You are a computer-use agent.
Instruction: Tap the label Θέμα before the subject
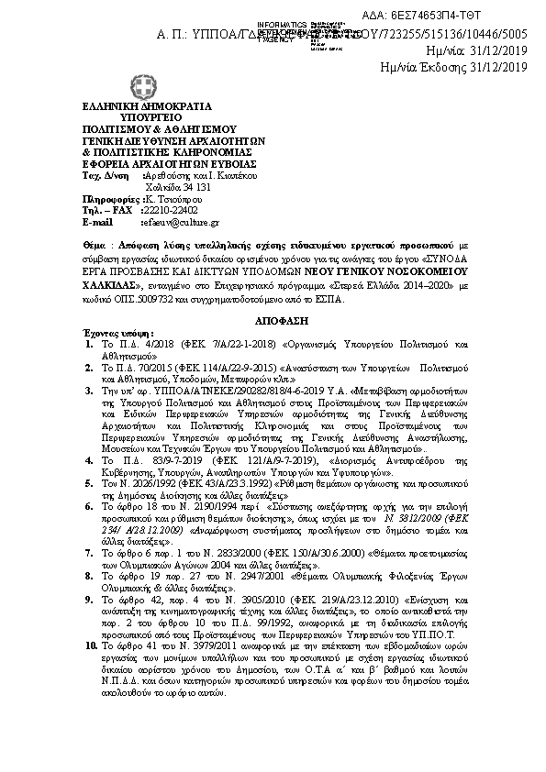(94, 247)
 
